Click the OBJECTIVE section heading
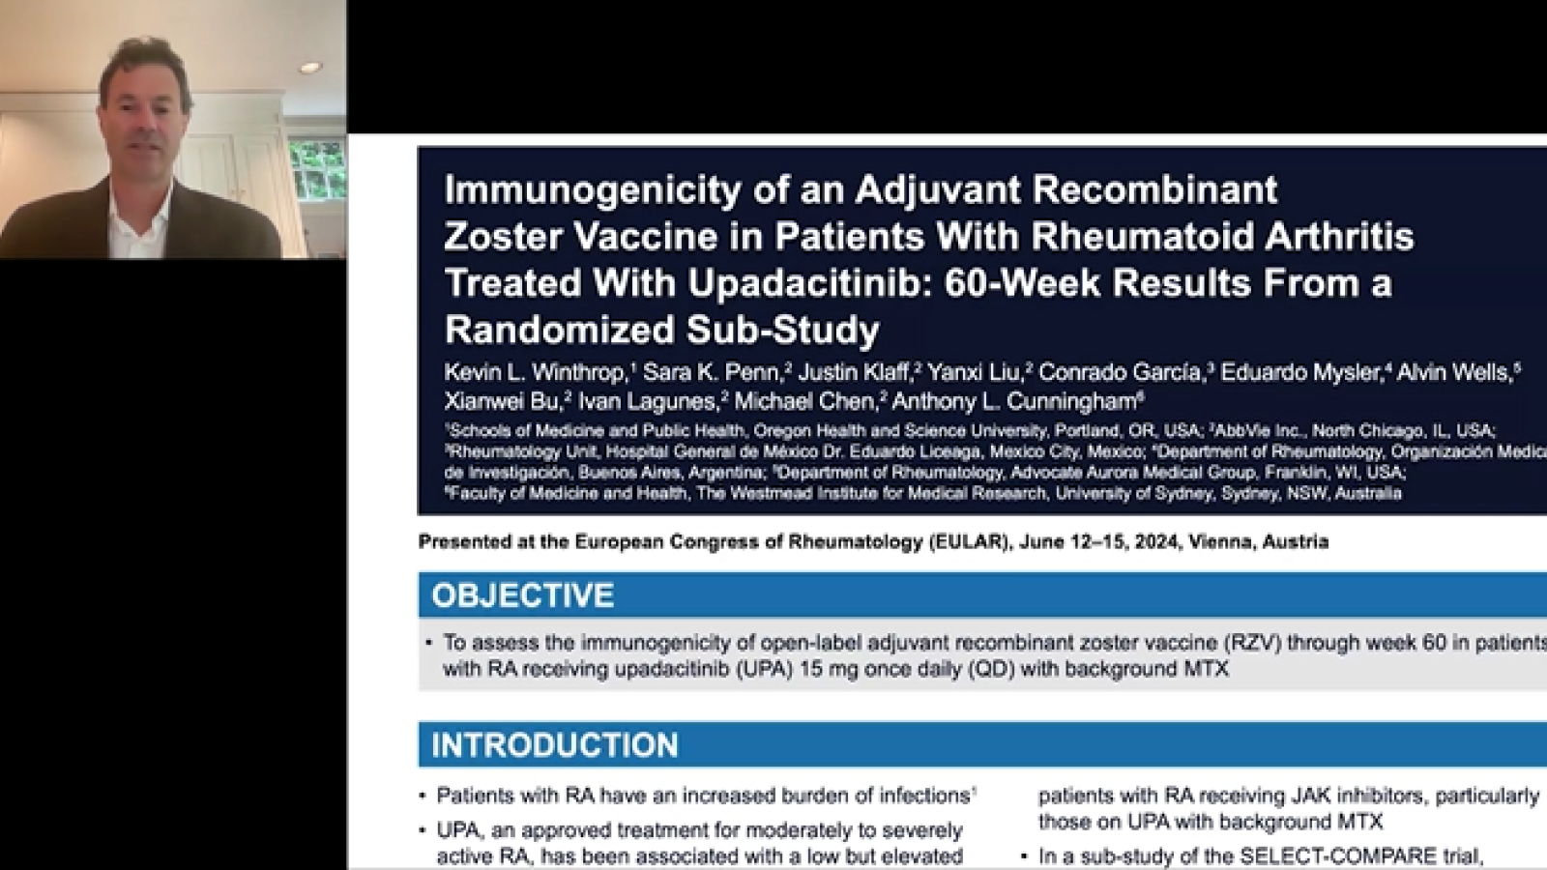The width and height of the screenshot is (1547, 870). [x=522, y=594]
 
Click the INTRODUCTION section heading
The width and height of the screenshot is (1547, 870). [x=554, y=745]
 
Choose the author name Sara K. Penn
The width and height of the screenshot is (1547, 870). [x=712, y=372]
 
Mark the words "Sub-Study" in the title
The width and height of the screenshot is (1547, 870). [x=782, y=331]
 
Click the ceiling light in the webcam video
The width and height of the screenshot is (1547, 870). [x=308, y=69]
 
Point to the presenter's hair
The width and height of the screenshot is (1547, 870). [x=145, y=63]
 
